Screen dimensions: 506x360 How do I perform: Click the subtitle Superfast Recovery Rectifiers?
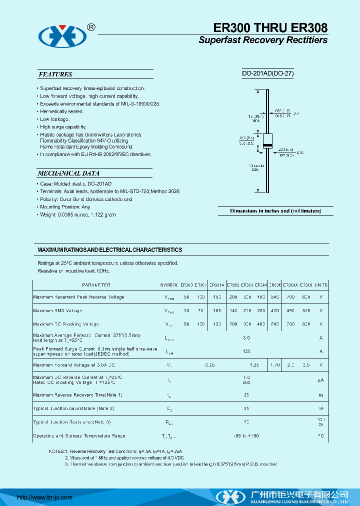[x=263, y=40]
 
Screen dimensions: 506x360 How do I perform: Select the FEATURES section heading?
[x=55, y=74]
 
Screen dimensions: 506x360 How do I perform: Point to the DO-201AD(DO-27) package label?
[x=267, y=73]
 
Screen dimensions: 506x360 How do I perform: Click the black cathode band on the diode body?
[x=268, y=145]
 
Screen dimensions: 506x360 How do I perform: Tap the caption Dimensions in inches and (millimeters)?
[x=275, y=211]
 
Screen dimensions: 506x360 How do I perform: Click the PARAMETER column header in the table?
[x=96, y=285]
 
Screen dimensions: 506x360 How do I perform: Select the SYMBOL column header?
[x=169, y=285]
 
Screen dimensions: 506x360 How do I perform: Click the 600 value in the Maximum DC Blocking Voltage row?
[x=275, y=324]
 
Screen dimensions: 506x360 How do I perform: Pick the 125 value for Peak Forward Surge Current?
[x=246, y=351]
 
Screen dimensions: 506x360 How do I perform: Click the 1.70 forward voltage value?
[x=275, y=365]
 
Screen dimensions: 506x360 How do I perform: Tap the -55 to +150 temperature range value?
[x=246, y=436]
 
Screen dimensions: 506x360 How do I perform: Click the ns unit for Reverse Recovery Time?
[x=321, y=395]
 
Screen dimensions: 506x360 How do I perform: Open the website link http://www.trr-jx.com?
[x=45, y=497]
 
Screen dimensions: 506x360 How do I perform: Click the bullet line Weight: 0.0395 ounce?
[x=78, y=214]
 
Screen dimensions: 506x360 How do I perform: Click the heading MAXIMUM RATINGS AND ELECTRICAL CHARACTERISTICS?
[x=110, y=249]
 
